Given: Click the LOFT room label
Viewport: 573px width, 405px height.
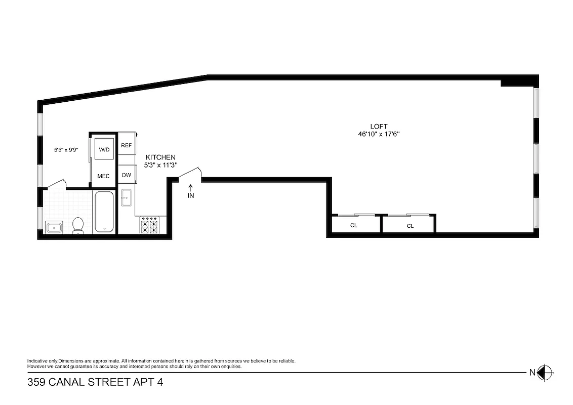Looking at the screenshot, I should [379, 127].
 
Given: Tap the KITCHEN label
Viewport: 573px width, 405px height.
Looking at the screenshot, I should [160, 157].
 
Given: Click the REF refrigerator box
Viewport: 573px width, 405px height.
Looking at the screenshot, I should [127, 146].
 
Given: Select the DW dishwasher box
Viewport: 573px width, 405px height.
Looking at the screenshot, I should [127, 175].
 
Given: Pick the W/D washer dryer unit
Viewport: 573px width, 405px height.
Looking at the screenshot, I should [104, 149].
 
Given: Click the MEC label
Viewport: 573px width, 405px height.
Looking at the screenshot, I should [103, 176].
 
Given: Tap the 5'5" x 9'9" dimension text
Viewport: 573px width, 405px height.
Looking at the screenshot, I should [66, 150].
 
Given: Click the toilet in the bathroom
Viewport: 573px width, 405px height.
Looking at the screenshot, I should [78, 226].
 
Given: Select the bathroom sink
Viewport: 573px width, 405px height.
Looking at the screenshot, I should [54, 227].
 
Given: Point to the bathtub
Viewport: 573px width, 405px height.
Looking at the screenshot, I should [105, 212].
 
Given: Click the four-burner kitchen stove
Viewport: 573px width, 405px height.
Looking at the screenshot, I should [150, 225].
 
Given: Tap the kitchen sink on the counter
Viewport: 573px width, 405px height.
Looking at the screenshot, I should [127, 197].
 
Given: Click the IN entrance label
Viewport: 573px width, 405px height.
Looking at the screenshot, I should [191, 195].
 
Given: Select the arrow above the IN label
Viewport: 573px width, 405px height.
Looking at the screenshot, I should [191, 187].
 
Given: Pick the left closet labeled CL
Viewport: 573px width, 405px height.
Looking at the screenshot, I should [354, 225].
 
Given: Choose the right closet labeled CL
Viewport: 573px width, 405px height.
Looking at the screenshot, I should [410, 226].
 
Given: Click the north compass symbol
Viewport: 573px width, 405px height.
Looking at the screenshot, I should [545, 373].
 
